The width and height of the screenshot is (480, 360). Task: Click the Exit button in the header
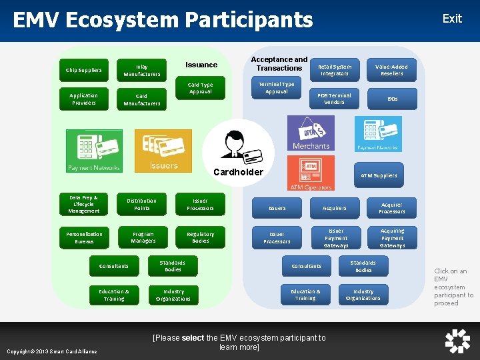(x=451, y=19)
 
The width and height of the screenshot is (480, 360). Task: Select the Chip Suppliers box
(x=84, y=70)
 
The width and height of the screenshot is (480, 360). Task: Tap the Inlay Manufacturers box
(x=141, y=70)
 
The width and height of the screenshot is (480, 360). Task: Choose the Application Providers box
(x=84, y=99)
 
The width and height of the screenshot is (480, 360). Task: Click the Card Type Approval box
(x=200, y=88)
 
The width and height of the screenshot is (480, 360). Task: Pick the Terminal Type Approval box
(x=276, y=88)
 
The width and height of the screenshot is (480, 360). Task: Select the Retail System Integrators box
(x=334, y=70)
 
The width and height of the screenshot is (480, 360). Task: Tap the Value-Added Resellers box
(x=391, y=70)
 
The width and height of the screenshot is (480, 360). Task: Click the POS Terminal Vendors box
(x=334, y=99)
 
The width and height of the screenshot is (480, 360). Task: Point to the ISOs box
(x=392, y=99)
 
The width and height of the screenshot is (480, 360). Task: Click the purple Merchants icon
(x=311, y=133)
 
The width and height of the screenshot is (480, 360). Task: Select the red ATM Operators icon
(x=311, y=173)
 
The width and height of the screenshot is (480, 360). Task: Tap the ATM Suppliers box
(x=379, y=175)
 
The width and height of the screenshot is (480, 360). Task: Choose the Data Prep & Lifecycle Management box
(x=83, y=204)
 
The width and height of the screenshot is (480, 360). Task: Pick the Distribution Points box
(x=141, y=204)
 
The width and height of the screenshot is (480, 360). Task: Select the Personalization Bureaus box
(x=84, y=237)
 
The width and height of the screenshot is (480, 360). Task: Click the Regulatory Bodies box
(x=200, y=237)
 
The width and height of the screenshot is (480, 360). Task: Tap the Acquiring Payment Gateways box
(x=392, y=238)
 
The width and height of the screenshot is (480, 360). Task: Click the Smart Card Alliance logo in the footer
(x=457, y=341)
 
